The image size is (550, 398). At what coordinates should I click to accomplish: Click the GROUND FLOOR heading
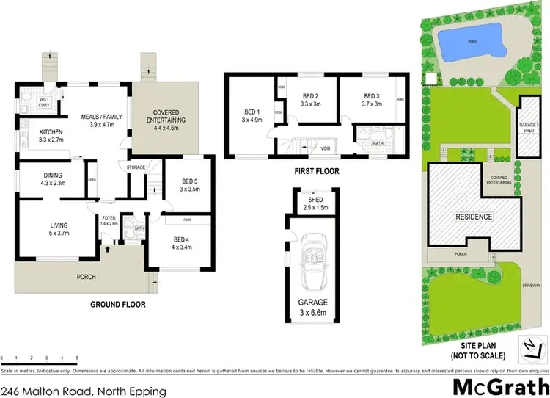tap(117, 304)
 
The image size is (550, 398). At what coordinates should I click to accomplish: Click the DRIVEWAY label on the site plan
tap(531, 283)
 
